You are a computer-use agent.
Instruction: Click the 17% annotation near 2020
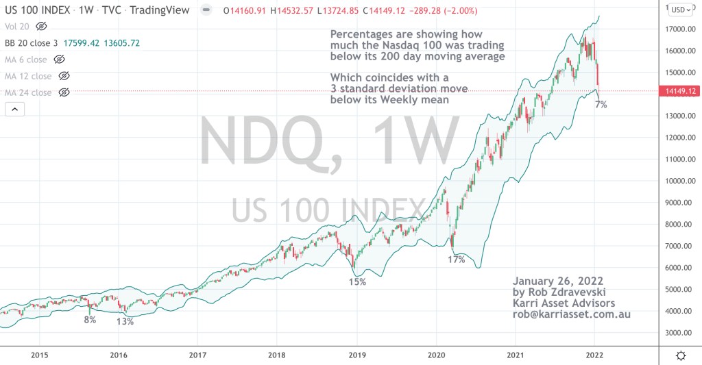[x=457, y=260]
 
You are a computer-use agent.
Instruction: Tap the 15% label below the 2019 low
[x=357, y=281]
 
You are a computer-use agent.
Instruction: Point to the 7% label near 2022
[x=601, y=105]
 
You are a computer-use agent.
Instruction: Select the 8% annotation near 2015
[x=90, y=320]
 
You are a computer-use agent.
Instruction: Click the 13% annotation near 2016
[x=124, y=322]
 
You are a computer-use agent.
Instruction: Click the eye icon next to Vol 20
[x=41, y=26]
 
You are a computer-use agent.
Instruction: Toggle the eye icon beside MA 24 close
[x=64, y=92]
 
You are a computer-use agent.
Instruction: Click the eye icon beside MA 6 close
[x=60, y=60]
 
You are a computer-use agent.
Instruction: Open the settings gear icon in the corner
[x=681, y=355]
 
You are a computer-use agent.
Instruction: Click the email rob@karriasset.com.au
[x=572, y=314]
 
